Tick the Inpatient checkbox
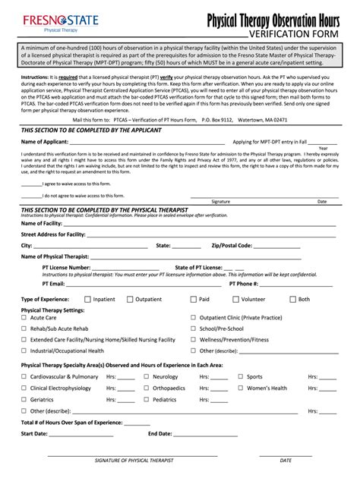pyautogui.click(x=87, y=299)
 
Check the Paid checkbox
pyautogui.click(x=194, y=299)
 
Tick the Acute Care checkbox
pyautogui.click(x=24, y=318)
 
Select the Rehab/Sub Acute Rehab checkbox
pyautogui.click(x=24, y=329)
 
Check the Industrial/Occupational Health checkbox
pyautogui.click(x=24, y=351)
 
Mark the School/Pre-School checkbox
pyautogui.click(x=194, y=329)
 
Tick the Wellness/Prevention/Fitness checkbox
pyautogui.click(x=194, y=340)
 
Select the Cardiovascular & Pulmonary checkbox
pyautogui.click(x=24, y=376)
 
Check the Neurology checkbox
pyautogui.click(x=147, y=376)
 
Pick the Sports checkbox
pyautogui.click(x=241, y=376)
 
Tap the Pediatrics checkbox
pyautogui.click(x=147, y=399)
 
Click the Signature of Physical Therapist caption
pyautogui.click(x=134, y=461)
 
